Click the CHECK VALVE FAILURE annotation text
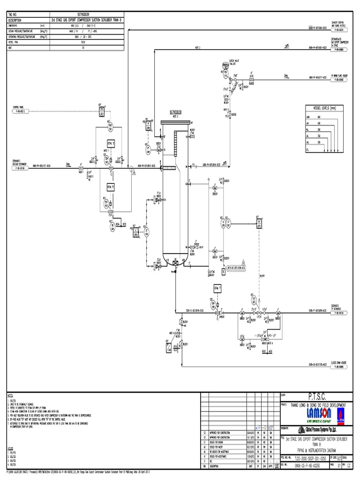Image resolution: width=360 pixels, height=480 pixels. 235,61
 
